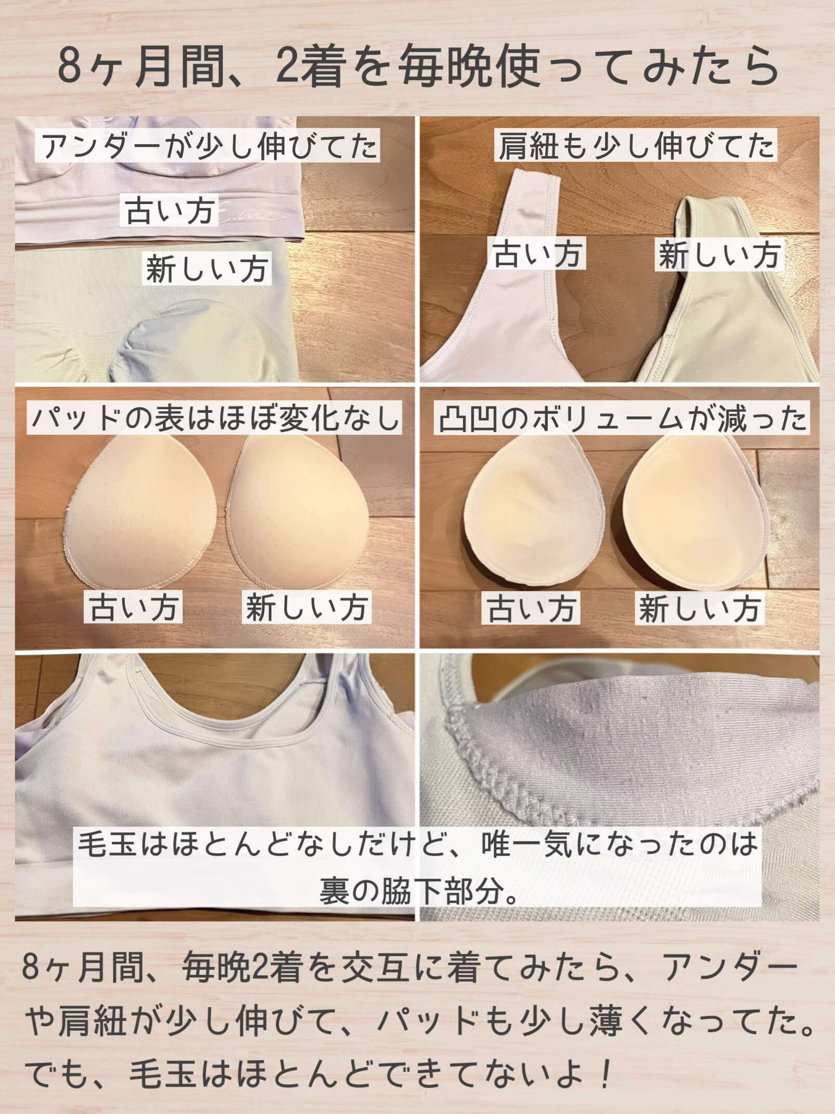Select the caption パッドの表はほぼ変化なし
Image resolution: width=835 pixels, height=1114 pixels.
click(214, 418)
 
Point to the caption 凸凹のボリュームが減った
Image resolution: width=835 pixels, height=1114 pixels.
click(622, 419)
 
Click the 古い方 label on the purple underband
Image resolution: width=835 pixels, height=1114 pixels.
click(171, 211)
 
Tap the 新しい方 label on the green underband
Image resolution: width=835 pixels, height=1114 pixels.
click(207, 269)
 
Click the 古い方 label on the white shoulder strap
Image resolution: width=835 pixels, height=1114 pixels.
click(537, 254)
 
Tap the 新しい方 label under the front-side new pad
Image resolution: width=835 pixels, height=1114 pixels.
click(306, 607)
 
